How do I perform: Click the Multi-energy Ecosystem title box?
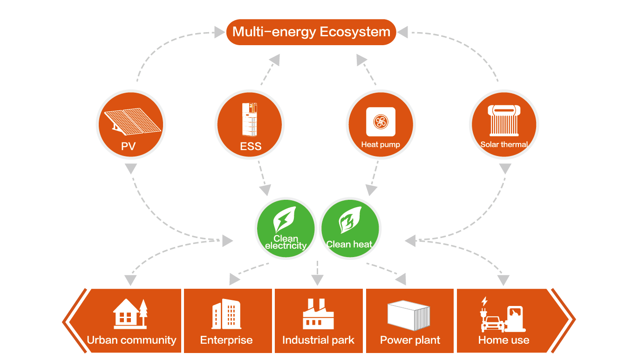tap(311, 32)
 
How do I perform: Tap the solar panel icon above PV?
tap(132, 122)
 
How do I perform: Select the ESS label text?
tap(251, 146)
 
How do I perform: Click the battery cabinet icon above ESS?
tap(250, 120)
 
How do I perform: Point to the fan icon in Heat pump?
tap(381, 122)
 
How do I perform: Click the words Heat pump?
tap(381, 144)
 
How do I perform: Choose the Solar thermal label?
tap(504, 144)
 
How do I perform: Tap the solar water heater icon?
tap(504, 121)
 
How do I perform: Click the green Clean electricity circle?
tap(286, 228)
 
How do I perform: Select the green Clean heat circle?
tap(350, 228)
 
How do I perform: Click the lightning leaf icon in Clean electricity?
tap(285, 220)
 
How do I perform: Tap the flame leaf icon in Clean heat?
tap(350, 220)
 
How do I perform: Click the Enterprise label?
tap(226, 340)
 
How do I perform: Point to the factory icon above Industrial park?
tap(318, 314)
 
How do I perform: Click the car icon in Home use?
tap(492, 324)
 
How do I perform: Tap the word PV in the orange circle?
tap(128, 146)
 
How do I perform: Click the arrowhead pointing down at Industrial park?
tap(317, 280)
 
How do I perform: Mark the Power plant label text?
tap(410, 340)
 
